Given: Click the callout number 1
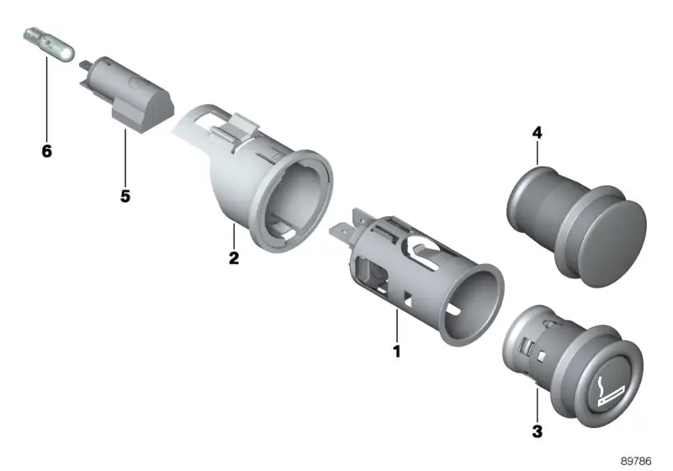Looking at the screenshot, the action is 396,351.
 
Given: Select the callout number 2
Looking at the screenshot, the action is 234,258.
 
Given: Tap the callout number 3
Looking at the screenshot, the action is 537,431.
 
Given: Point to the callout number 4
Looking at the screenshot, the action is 537,133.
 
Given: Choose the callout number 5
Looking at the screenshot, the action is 125,196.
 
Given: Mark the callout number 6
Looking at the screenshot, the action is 47,151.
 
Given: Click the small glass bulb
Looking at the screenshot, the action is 49,44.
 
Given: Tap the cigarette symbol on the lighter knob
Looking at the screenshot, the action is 609,392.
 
